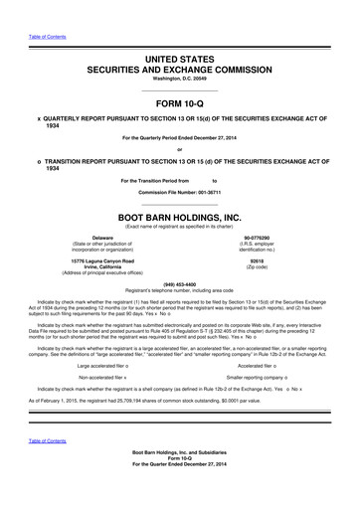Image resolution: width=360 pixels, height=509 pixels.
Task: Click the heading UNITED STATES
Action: pos(179,61)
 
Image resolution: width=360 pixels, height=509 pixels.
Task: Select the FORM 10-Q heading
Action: pos(179,104)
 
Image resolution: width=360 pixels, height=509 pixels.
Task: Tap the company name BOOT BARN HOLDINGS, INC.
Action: pos(179,216)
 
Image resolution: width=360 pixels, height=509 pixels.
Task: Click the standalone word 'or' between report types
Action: pos(179,150)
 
